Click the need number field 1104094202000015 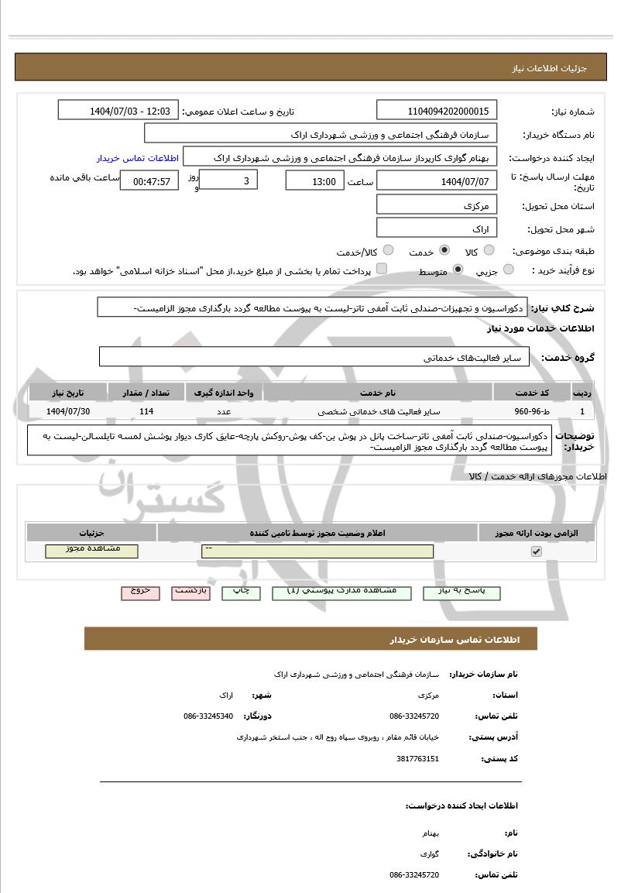437,111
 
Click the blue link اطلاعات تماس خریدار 138,157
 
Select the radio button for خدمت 444,251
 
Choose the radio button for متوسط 458,270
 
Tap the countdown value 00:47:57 151,182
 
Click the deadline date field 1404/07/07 437,181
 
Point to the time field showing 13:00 315,181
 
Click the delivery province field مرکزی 437,206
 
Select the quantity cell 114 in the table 146,411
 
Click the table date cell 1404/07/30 68,411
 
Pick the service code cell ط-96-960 532,411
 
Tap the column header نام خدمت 378,392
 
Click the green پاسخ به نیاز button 462,592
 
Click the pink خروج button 140,592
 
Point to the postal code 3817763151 417,759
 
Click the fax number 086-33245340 208,716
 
